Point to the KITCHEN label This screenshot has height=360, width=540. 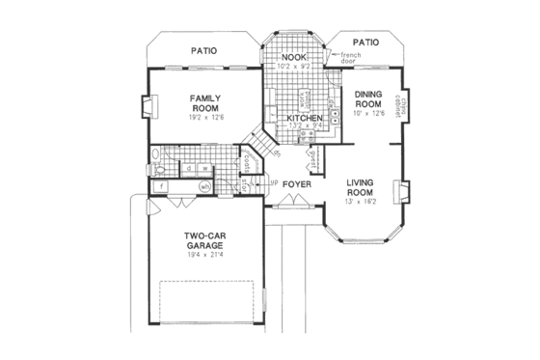(304, 119)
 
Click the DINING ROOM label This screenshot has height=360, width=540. (370, 99)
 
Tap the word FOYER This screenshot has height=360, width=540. (295, 182)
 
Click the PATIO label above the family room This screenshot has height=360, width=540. (202, 50)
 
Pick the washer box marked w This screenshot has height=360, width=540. (203, 168)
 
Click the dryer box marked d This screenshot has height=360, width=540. (189, 168)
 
